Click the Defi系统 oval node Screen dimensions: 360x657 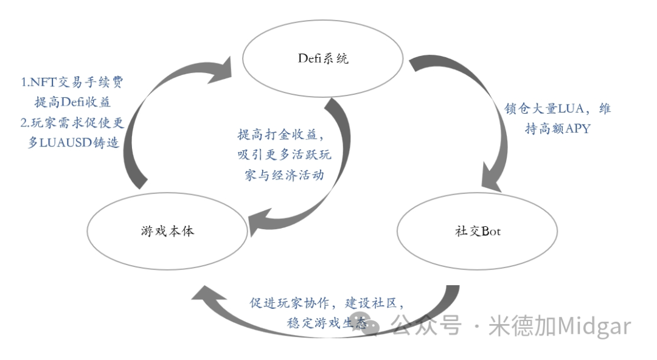pos(324,60)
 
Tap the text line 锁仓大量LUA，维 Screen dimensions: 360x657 pos(557,108)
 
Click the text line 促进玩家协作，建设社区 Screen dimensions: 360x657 pos(326,302)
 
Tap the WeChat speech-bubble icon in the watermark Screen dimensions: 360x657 pos(371,327)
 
